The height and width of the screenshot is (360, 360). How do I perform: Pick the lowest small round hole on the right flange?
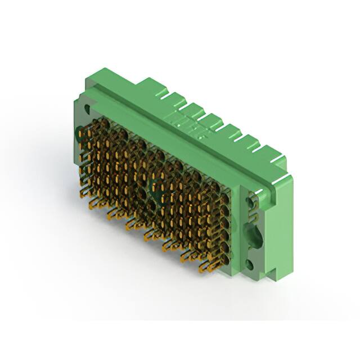tap(250, 262)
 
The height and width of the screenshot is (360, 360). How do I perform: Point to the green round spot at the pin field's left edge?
tap(78, 133)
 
